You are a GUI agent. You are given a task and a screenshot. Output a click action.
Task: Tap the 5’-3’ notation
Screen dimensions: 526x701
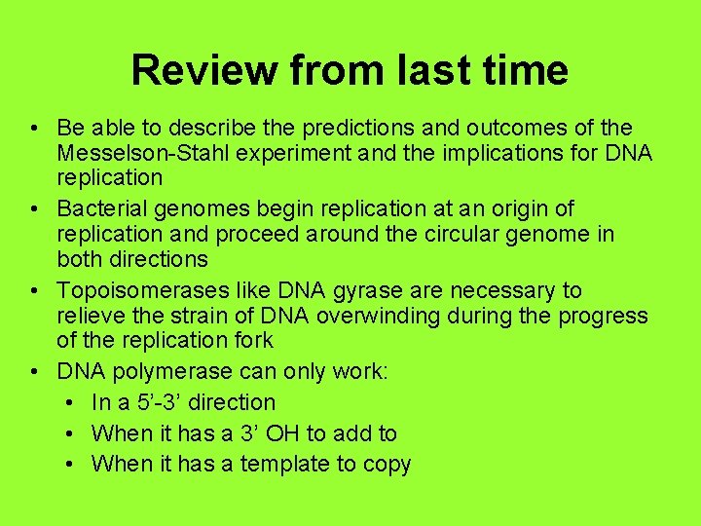pyautogui.click(x=154, y=402)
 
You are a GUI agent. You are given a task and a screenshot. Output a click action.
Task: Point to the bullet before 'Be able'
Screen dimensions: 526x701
pyautogui.click(x=34, y=129)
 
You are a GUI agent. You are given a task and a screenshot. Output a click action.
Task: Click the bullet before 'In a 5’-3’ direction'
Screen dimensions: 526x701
pyautogui.click(x=72, y=402)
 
